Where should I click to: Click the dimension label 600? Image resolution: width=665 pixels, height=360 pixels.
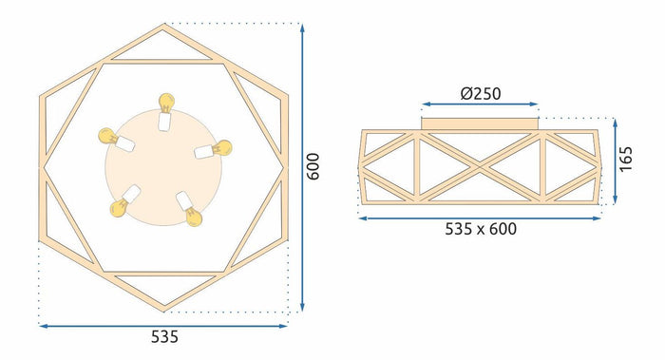(x=314, y=167)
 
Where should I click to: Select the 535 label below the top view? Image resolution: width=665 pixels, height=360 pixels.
(x=163, y=337)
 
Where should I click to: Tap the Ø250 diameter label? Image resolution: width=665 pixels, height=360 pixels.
(x=480, y=93)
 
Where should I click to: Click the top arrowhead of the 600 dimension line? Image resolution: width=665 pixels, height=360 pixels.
(x=302, y=28)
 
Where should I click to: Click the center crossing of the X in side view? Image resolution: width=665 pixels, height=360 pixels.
(x=480, y=166)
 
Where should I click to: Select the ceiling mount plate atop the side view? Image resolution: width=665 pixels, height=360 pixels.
(x=480, y=121)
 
